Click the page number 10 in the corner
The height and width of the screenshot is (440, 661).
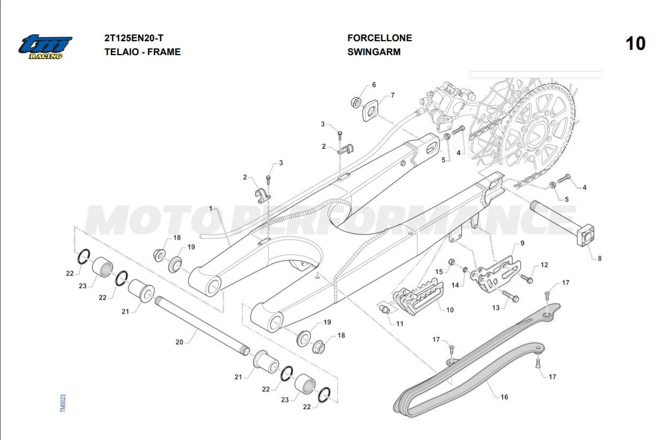(x=635, y=43)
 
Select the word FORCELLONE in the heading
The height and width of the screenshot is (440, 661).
(x=379, y=38)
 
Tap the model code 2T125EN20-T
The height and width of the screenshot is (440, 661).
(x=134, y=38)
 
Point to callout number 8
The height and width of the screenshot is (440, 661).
(x=599, y=258)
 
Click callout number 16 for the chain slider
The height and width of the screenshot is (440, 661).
(x=504, y=397)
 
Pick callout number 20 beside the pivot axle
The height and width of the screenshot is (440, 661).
(x=179, y=341)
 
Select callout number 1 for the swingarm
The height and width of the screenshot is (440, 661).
(x=211, y=208)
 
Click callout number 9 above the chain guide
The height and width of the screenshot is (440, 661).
(x=522, y=244)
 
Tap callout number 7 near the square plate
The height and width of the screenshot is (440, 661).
(x=392, y=95)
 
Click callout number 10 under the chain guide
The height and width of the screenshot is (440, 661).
(x=450, y=310)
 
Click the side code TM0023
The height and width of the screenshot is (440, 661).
(x=63, y=403)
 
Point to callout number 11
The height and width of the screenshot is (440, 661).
(x=400, y=323)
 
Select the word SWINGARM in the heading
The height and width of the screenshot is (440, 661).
(x=374, y=52)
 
